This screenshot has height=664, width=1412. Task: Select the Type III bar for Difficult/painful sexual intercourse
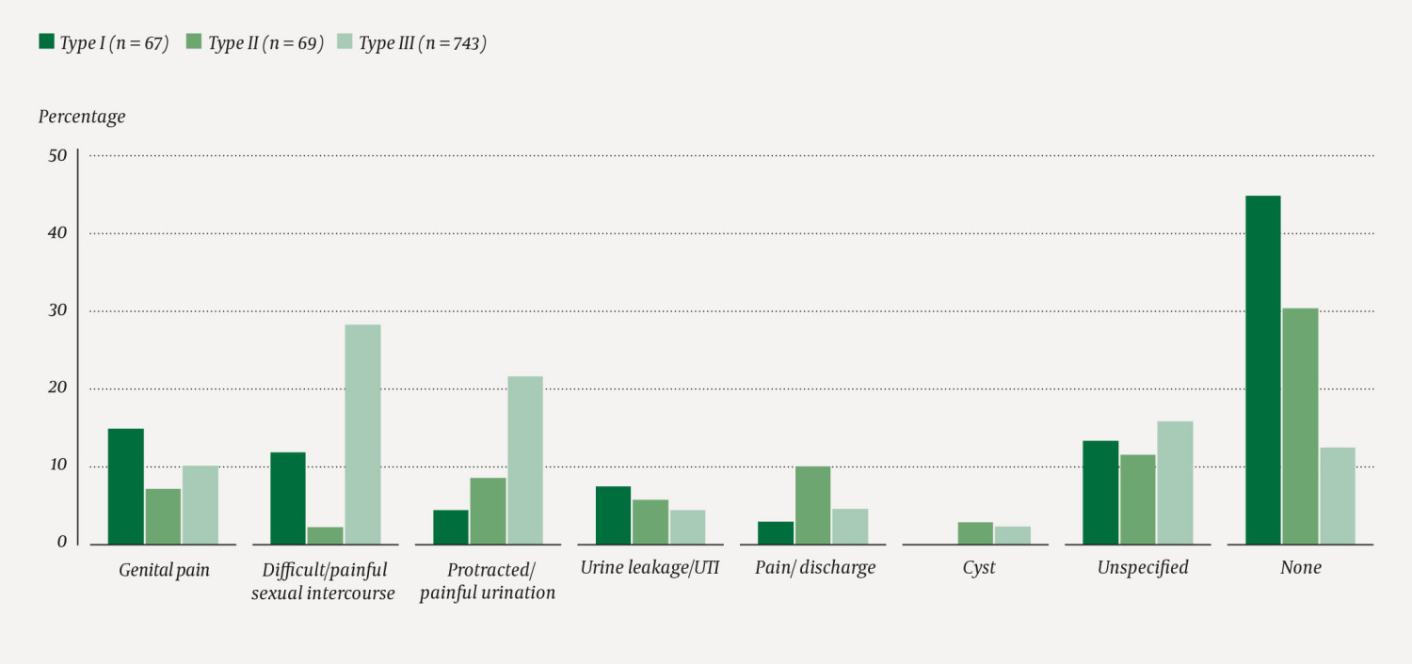pos(362,434)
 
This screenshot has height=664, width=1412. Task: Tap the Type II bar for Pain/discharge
pos(812,505)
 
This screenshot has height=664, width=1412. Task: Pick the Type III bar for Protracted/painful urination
pos(525,460)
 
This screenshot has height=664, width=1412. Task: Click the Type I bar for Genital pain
pos(126,486)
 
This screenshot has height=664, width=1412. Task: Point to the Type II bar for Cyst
pos(975,533)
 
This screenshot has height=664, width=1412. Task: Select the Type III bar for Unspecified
pos(1175,482)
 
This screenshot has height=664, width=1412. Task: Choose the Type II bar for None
pos(1300,426)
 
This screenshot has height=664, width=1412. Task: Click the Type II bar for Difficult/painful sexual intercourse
pos(326,535)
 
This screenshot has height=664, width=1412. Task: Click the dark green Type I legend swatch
pos(46,42)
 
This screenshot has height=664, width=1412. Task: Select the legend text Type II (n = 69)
pos(265,43)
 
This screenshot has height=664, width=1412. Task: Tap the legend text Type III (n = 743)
pos(423,43)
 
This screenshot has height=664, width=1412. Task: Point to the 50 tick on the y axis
pos(57,156)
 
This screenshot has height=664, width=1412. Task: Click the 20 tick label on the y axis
pos(57,388)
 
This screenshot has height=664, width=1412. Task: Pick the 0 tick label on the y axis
pos(62,544)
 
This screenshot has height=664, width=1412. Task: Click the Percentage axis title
pos(82,117)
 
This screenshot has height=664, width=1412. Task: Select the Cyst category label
pos(978,568)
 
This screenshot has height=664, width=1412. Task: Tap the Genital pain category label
pos(164,570)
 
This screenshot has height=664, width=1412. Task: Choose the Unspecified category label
pos(1142,568)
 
